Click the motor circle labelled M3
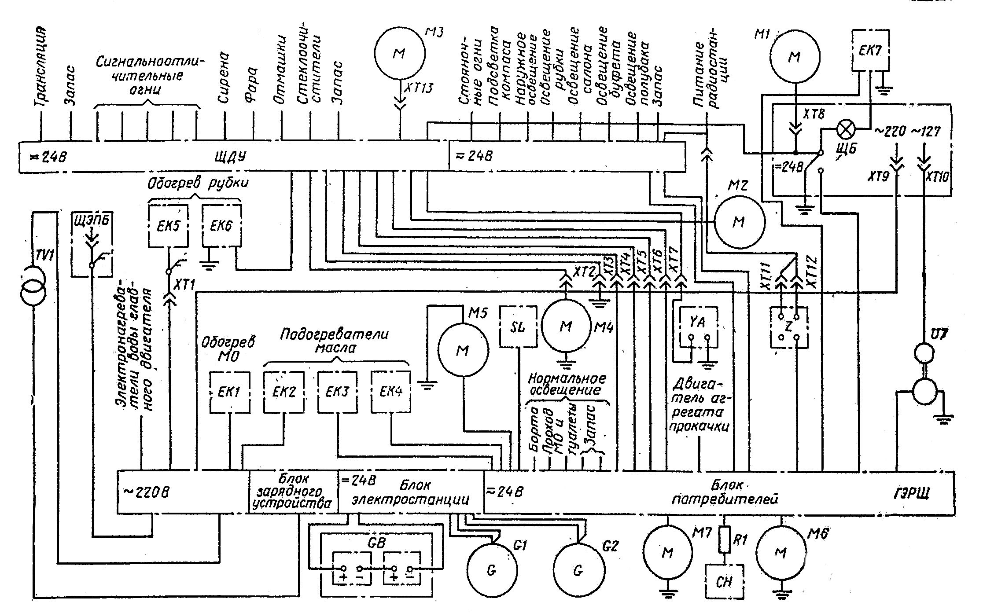point(400,53)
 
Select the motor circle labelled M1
point(795,56)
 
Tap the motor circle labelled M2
point(739,222)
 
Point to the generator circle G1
point(492,570)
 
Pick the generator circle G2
point(578,570)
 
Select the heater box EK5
point(169,226)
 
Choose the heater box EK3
point(337,392)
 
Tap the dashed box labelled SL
point(519,327)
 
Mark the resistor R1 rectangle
point(725,540)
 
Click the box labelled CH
point(724,582)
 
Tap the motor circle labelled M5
point(463,350)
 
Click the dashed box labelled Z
point(789,327)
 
